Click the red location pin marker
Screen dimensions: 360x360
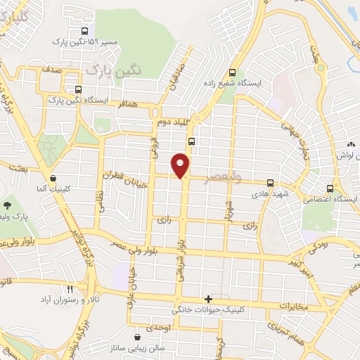tap(181, 165)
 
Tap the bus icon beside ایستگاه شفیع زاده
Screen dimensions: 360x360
tap(232, 72)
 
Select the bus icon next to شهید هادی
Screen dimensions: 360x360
tap(271, 183)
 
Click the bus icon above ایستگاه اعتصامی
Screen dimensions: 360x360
tap(330, 188)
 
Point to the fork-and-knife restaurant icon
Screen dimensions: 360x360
tap(70, 289)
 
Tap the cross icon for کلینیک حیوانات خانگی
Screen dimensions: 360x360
tap(207, 299)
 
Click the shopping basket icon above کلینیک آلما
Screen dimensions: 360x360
tap(53, 179)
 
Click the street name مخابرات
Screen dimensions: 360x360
tap(294, 307)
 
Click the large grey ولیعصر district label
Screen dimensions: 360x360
tap(222, 177)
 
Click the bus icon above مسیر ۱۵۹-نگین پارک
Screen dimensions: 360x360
tap(84, 31)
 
